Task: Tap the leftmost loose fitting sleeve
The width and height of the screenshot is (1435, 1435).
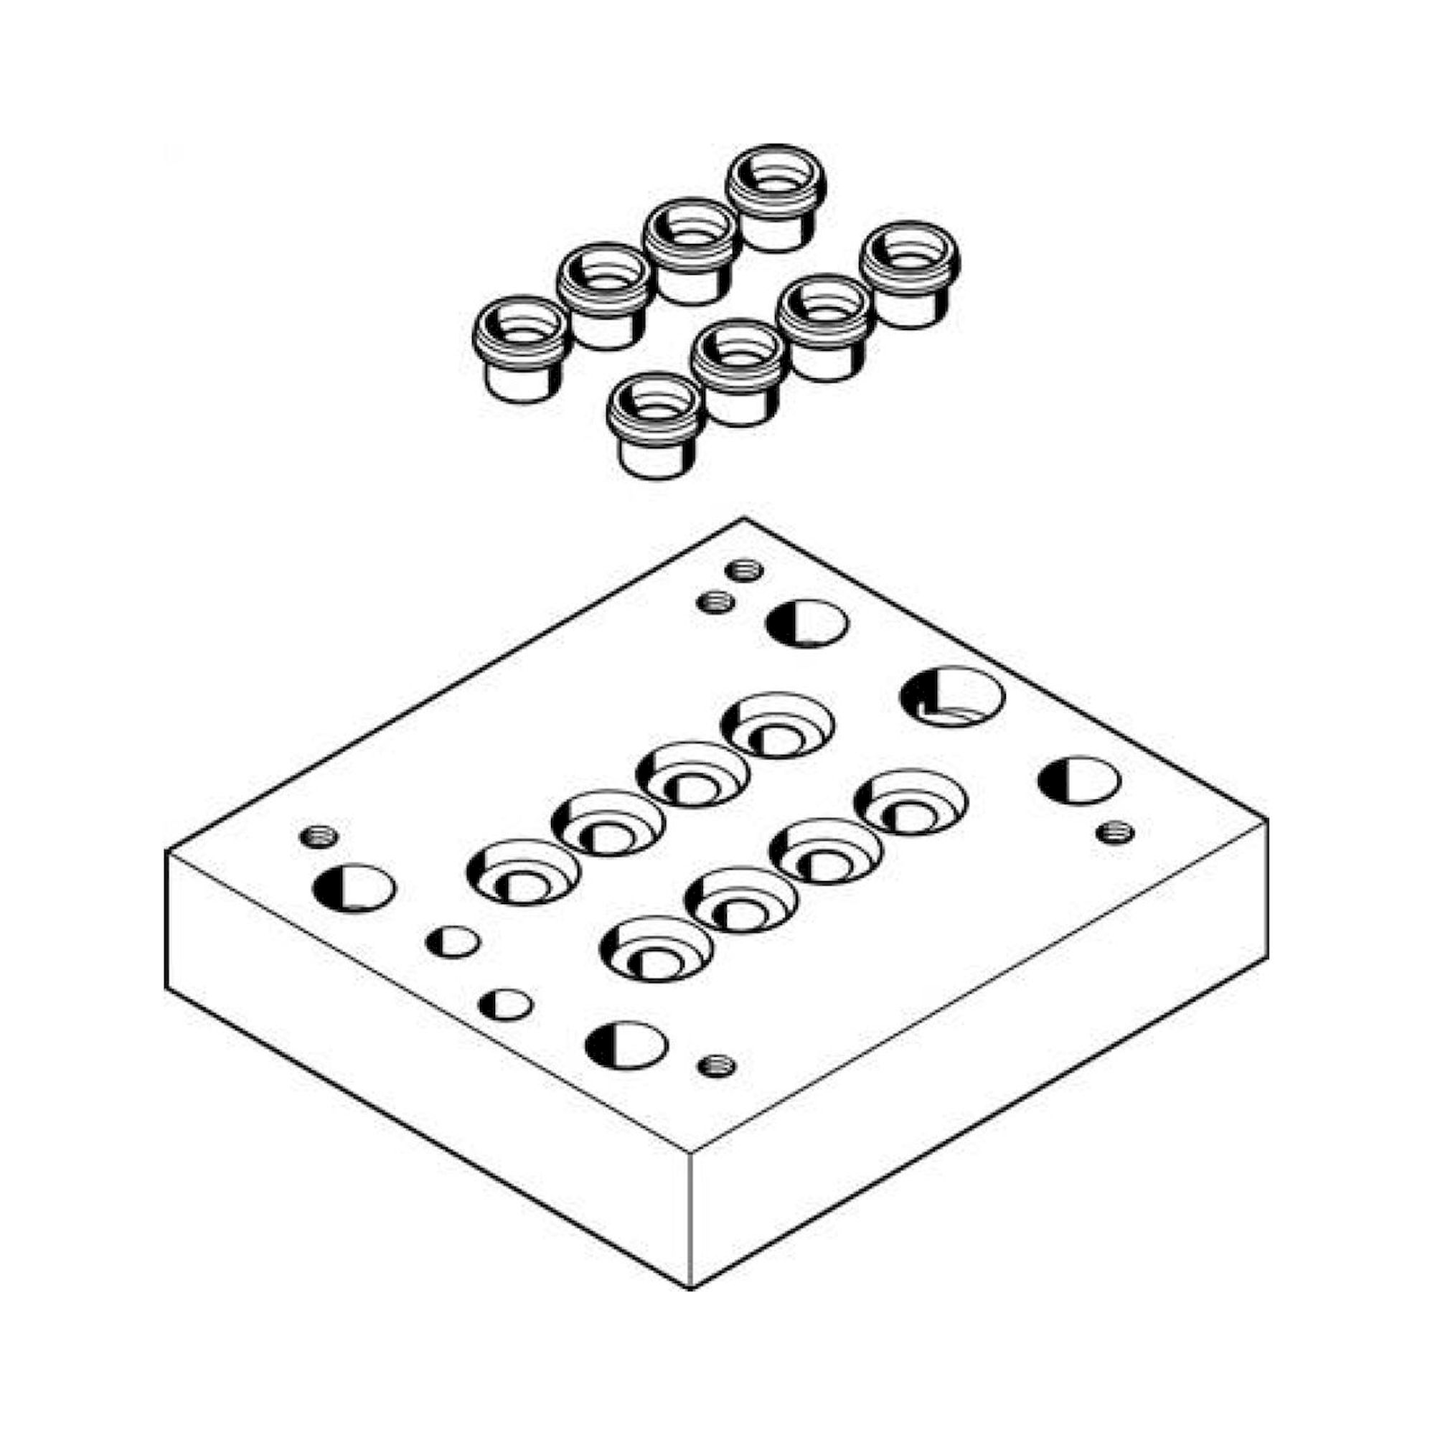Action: point(521,349)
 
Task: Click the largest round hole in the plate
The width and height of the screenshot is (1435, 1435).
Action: point(951,697)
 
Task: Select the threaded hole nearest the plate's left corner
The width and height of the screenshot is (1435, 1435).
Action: point(319,837)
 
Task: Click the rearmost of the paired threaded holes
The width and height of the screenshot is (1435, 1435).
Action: point(744,570)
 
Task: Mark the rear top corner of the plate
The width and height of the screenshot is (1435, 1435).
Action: point(744,519)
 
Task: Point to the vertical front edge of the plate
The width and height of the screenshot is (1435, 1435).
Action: point(692,1218)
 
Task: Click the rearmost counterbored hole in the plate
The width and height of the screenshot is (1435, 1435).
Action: point(778,725)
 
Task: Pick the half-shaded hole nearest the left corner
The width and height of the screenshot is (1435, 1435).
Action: point(354,889)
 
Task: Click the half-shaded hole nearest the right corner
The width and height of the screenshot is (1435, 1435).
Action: point(1079,781)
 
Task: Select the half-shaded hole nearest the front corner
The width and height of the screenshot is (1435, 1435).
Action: point(626,1046)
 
